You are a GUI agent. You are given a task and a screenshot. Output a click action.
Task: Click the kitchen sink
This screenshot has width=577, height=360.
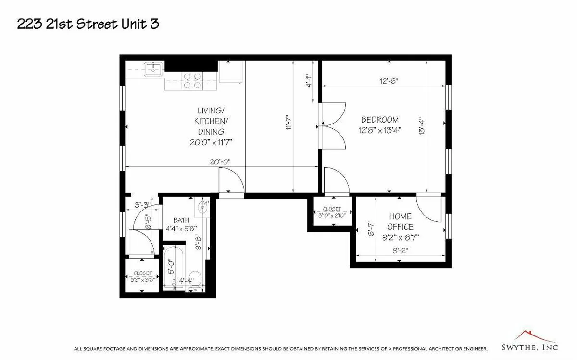tap(153, 69)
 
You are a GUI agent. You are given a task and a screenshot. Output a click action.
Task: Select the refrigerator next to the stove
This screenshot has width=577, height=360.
tap(230, 73)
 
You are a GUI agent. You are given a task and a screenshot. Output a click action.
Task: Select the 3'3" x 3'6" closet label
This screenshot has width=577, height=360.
tap(142, 276)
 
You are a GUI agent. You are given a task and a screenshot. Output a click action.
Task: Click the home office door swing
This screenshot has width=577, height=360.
tap(427, 209)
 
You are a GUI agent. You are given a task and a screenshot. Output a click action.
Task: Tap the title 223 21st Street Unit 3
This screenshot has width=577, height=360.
tap(88, 25)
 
